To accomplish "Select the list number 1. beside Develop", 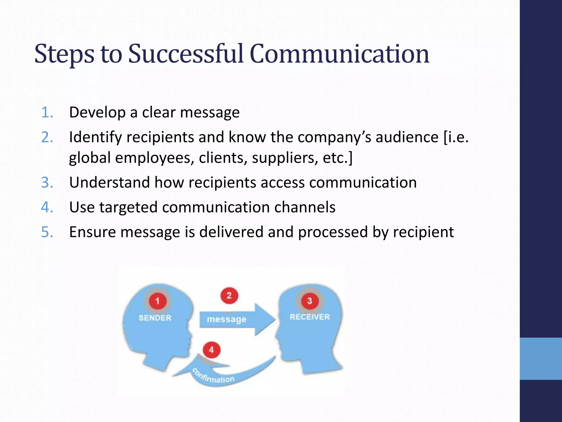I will click(x=47, y=112).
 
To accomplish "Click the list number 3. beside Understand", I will click(x=47, y=182).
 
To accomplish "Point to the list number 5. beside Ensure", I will click(x=47, y=232).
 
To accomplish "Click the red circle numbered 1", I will click(x=158, y=301).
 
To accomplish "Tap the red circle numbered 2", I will click(x=229, y=296).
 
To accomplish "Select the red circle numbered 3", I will click(x=310, y=301).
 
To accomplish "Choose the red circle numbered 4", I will click(x=211, y=350).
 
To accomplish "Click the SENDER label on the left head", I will click(x=155, y=318).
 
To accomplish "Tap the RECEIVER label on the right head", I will click(x=310, y=317).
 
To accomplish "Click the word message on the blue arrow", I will click(x=227, y=319).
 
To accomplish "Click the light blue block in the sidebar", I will click(x=541, y=359).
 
